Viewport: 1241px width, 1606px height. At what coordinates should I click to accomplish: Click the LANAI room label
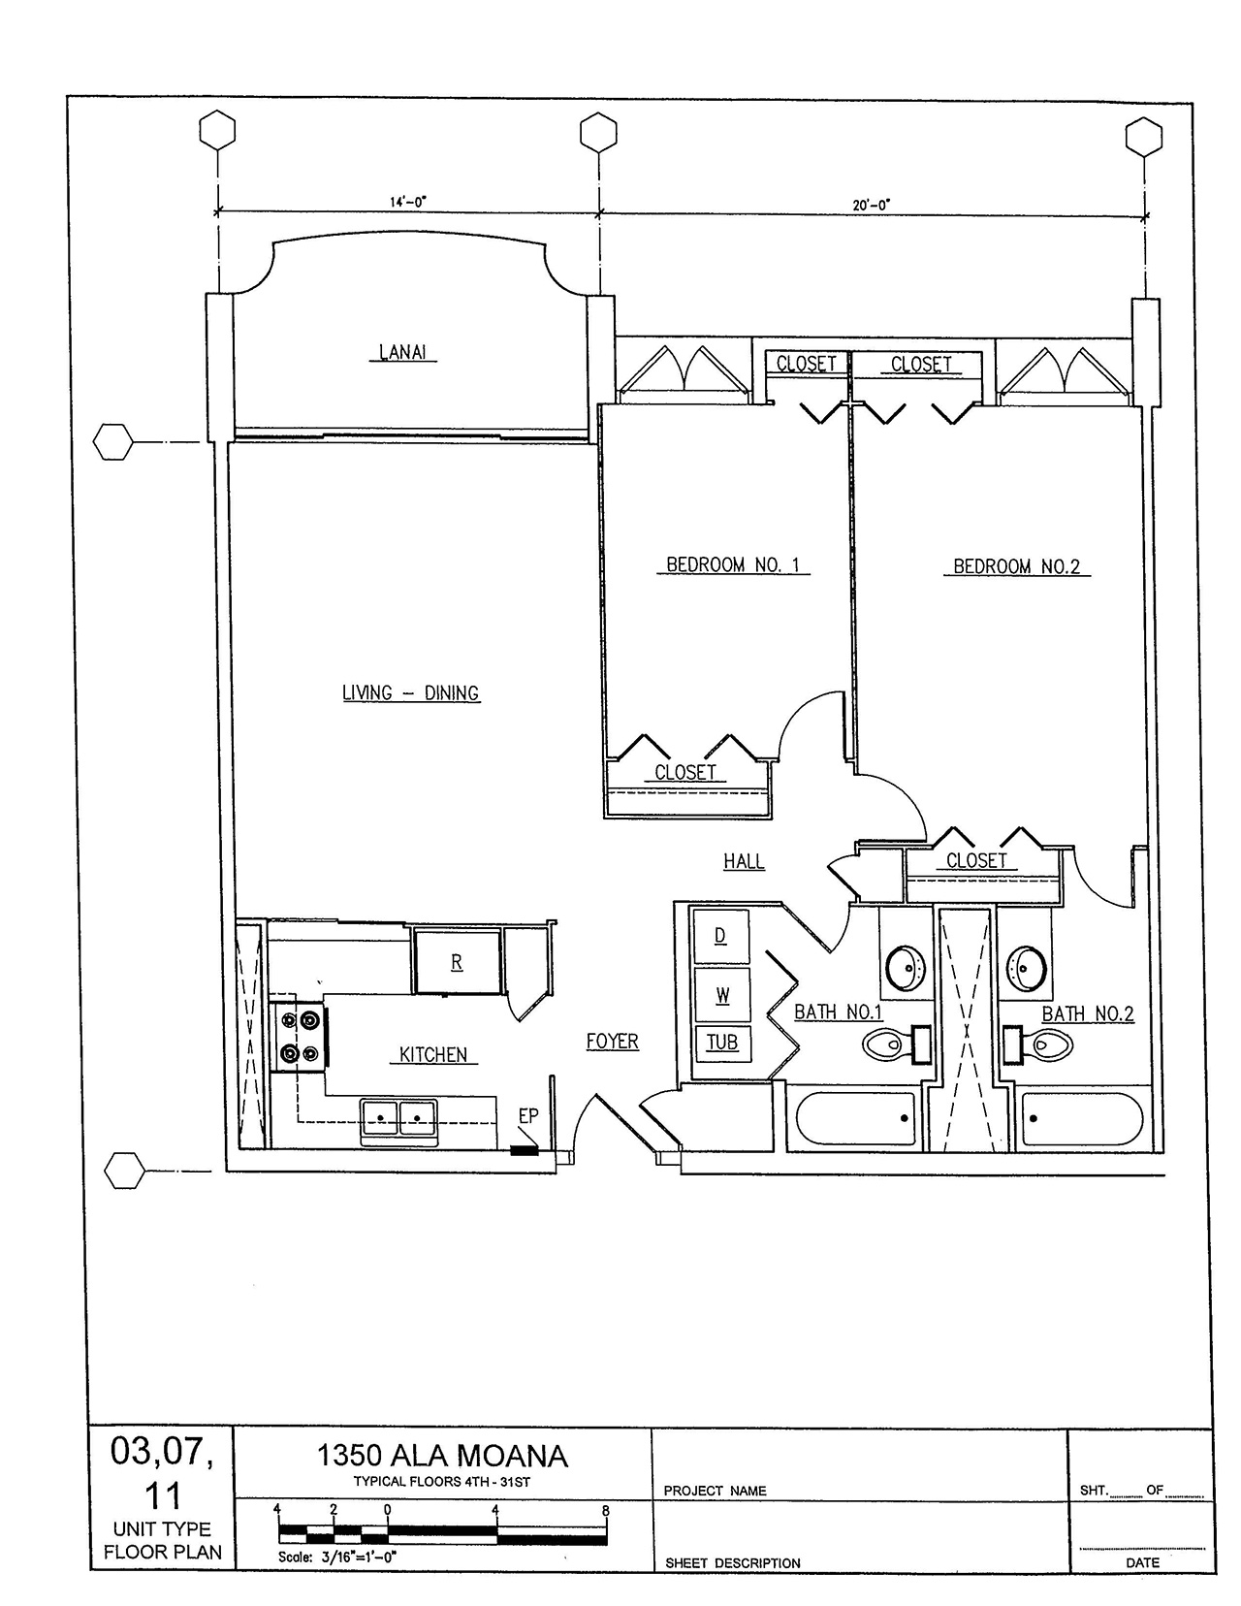(x=402, y=352)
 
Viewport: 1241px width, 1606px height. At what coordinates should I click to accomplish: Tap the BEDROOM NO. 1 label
(x=733, y=565)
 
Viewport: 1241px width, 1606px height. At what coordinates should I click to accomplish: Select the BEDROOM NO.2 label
(x=1016, y=567)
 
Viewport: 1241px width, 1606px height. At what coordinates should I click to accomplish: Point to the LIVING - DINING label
(x=411, y=692)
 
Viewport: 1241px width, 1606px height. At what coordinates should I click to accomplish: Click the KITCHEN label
(x=432, y=1054)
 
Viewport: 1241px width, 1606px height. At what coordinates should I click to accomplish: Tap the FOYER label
(x=613, y=1042)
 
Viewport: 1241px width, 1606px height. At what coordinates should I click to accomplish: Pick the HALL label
(x=744, y=861)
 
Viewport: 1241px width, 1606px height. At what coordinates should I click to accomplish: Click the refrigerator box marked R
(x=457, y=962)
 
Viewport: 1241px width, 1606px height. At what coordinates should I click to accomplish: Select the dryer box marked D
(x=721, y=936)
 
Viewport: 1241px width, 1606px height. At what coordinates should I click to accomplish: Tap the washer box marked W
(x=722, y=995)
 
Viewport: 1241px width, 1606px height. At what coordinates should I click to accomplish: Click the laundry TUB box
(x=723, y=1043)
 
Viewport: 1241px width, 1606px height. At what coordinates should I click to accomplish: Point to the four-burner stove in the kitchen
(x=300, y=1036)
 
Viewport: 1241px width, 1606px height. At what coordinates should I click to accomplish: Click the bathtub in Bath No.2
(x=1081, y=1119)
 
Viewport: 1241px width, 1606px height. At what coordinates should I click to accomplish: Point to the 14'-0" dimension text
(x=408, y=202)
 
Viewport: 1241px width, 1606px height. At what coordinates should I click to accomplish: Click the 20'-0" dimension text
(x=872, y=205)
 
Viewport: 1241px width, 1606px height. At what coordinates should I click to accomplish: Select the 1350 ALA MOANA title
(x=442, y=1456)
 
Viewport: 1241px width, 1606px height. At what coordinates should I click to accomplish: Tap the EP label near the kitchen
(x=528, y=1116)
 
